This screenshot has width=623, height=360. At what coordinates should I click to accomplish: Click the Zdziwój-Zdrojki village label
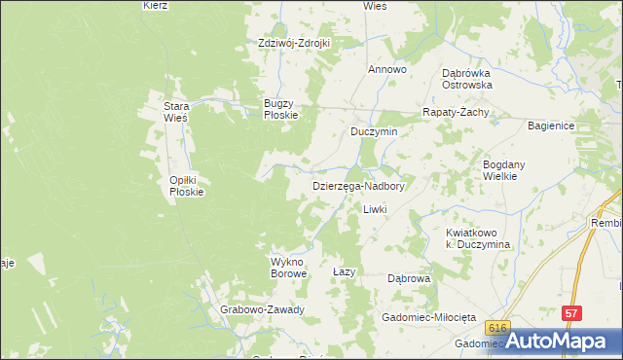(295, 44)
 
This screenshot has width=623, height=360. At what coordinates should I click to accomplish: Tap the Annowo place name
(386, 70)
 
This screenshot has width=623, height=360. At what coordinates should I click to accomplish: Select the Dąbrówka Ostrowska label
(466, 79)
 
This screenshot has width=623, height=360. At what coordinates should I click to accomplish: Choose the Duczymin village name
(375, 131)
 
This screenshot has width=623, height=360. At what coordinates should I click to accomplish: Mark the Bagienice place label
(553, 126)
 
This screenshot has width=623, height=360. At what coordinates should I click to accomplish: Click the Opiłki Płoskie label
(186, 186)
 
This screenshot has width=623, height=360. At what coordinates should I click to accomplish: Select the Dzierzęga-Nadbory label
(358, 185)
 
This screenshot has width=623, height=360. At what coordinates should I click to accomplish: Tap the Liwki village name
(375, 209)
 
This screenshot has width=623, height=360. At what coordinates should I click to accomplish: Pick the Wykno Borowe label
(288, 268)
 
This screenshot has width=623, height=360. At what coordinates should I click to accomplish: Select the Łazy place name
(342, 271)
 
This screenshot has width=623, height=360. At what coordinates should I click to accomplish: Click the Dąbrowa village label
(409, 278)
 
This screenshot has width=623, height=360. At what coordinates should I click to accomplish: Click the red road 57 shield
(571, 313)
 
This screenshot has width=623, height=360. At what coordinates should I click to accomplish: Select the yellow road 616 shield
(499, 329)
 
